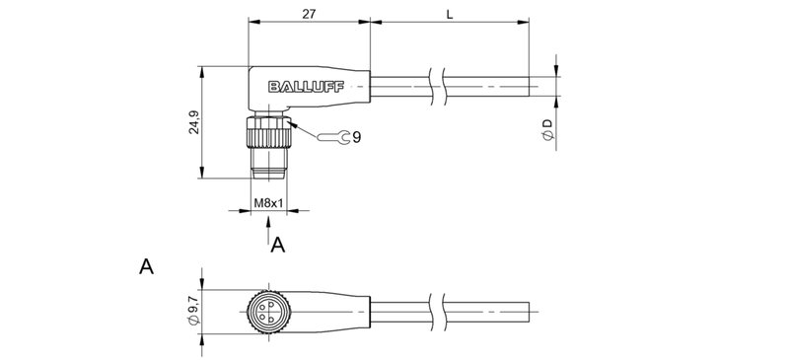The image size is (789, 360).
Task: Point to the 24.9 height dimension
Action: pos(194,122)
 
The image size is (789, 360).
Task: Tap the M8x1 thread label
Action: pos(269,203)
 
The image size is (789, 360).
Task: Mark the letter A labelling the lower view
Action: pos(146,266)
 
